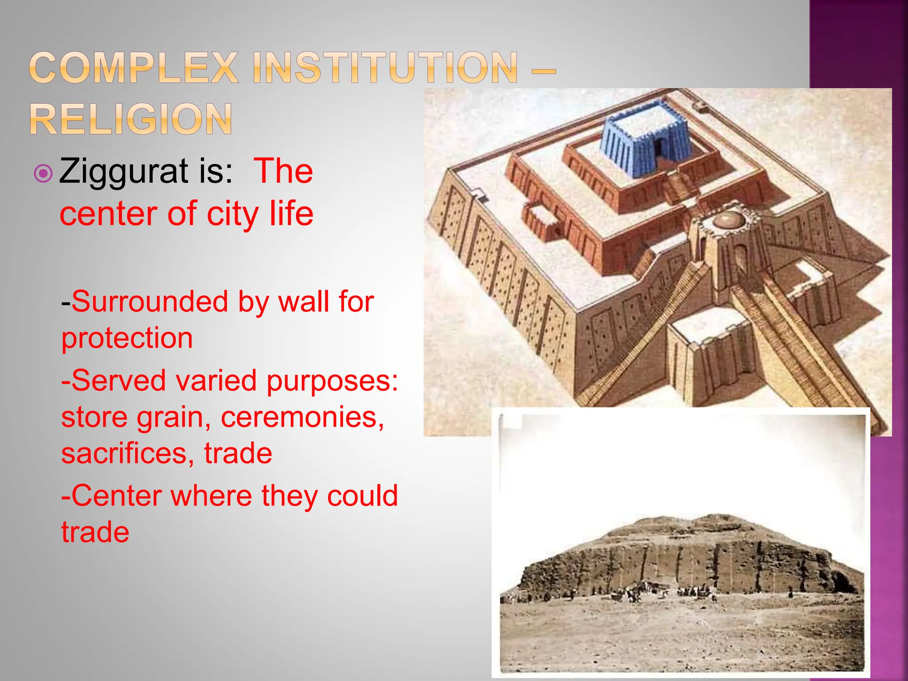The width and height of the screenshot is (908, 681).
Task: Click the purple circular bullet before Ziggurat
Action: click(43, 173)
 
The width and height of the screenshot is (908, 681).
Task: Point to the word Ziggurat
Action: click(123, 172)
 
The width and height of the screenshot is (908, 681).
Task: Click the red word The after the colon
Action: click(283, 171)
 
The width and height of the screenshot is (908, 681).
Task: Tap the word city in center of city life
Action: click(233, 214)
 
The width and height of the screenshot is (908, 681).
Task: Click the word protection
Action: click(127, 338)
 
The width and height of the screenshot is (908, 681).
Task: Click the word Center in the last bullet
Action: click(117, 496)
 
